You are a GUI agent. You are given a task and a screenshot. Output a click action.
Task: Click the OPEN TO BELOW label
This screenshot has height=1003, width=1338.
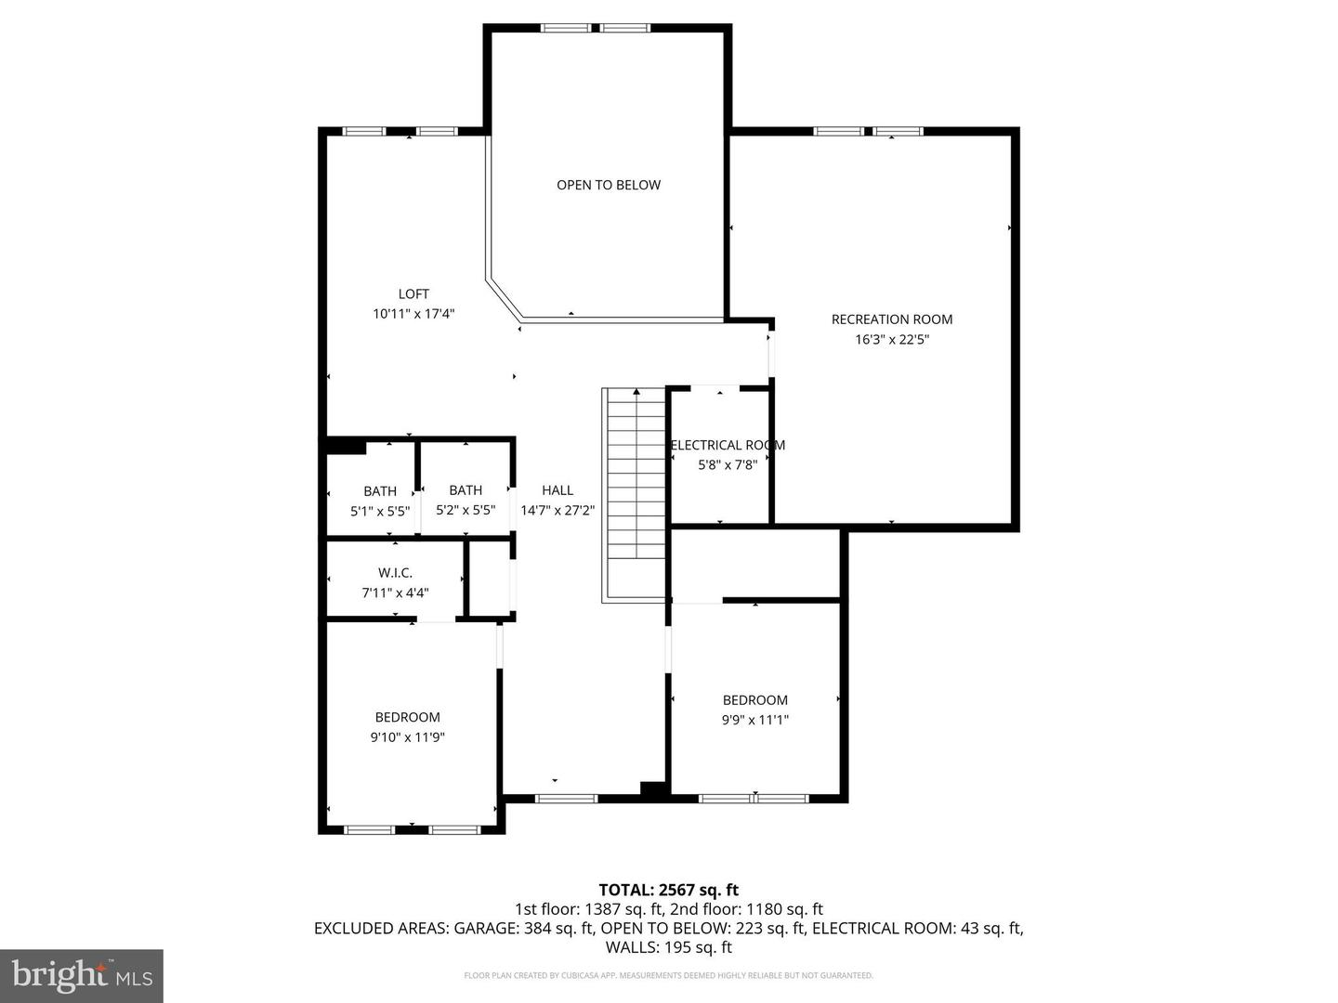[x=609, y=185]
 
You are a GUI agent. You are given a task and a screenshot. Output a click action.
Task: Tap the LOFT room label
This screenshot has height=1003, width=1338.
[x=413, y=294]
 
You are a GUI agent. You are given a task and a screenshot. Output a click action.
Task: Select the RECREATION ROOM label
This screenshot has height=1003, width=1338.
[x=891, y=319]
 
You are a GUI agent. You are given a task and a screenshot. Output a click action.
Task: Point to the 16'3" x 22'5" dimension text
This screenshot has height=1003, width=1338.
[x=891, y=340]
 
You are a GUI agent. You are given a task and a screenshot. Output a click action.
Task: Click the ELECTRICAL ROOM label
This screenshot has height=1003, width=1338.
[x=728, y=446]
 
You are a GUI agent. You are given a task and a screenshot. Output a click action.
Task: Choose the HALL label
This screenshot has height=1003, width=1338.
[x=557, y=490]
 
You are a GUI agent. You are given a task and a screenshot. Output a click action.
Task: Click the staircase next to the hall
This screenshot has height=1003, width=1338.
[x=636, y=492]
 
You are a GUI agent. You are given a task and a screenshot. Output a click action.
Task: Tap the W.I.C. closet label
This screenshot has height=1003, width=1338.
[x=395, y=573]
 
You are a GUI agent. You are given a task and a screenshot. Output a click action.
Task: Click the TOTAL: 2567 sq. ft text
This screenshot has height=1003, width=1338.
[x=668, y=890]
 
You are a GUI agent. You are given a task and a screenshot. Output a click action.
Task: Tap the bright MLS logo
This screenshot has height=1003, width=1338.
[x=82, y=975]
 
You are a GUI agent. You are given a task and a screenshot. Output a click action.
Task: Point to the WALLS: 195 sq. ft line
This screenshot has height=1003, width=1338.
[x=668, y=947]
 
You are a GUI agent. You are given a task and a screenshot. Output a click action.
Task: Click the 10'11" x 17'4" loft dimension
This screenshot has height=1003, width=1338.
[x=413, y=314]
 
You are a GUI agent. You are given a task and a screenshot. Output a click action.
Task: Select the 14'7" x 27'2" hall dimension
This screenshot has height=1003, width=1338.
[x=557, y=510]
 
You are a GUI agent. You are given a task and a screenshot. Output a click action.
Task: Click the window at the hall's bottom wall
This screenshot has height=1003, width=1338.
[x=566, y=798]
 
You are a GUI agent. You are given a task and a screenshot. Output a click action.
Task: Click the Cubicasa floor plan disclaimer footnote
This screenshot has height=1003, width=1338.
[x=668, y=975]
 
